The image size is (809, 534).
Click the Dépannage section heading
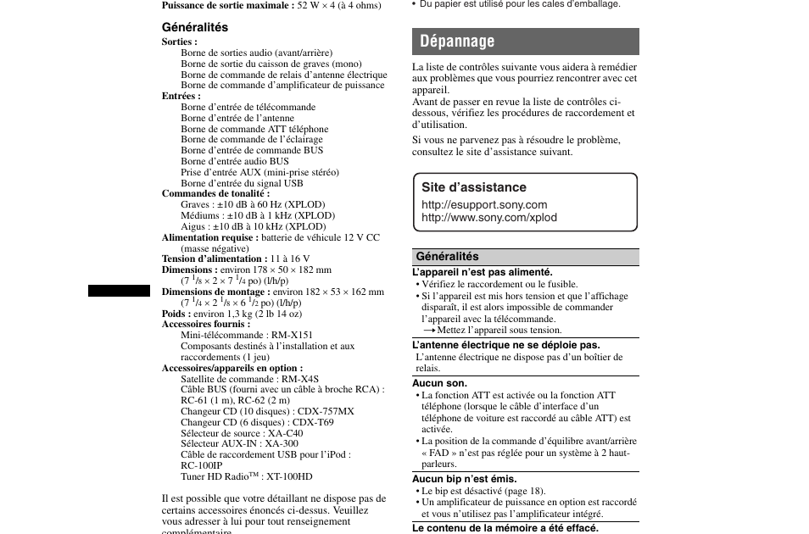coord(457,42)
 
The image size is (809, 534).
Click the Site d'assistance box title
coord(474,187)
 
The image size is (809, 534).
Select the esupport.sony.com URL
coord(484,204)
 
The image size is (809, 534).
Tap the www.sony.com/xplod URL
coord(489,217)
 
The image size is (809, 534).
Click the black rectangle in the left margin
coord(119,291)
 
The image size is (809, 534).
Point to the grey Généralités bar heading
coord(447,257)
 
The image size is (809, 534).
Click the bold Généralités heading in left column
coord(195,27)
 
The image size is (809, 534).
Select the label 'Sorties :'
coord(180,42)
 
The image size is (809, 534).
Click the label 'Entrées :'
coord(181,96)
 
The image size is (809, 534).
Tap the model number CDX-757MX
coord(326,411)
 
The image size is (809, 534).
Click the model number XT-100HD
coord(289,476)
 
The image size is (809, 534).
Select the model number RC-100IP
coord(201,465)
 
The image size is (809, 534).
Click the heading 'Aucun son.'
coord(439,383)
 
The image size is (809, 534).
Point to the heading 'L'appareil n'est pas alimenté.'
coord(482,272)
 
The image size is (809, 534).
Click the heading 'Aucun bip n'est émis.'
coord(464,479)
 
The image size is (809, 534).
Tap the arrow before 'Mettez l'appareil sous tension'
coord(429,330)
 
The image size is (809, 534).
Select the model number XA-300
coord(282,443)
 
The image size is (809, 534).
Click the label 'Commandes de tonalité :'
coord(215,193)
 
